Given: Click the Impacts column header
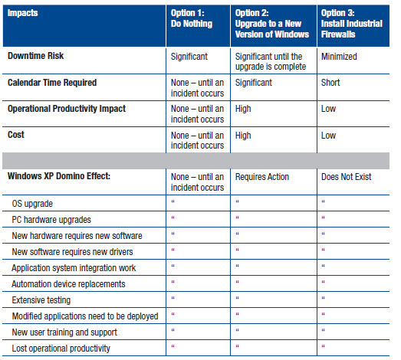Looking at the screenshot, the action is coord(22,13).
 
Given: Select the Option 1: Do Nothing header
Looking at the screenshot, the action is coord(192,18).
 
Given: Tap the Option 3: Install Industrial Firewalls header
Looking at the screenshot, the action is coord(352,24).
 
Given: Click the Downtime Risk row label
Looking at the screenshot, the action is coord(35,56).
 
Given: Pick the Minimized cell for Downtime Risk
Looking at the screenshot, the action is coord(339,57).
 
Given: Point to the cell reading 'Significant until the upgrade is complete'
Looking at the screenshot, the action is coord(271,61).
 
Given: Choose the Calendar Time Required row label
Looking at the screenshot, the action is coord(52,83).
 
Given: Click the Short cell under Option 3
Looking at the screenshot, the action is coord(330,83).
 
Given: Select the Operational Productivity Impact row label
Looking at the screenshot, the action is coord(67,109).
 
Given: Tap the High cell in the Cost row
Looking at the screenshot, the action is coord(243,136).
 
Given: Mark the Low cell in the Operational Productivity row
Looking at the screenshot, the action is coord(328,109).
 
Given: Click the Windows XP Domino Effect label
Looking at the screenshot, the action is coord(59,176).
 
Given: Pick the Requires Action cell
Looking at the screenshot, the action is coord(262,177).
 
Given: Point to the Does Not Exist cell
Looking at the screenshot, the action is coord(347,177).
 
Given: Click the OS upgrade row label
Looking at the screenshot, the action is coord(32,204).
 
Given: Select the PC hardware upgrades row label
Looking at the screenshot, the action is coord(51,220).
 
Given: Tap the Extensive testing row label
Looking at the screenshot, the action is coord(41,300).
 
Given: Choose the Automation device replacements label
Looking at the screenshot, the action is coord(68,284).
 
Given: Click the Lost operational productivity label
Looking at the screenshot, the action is coord(61,349).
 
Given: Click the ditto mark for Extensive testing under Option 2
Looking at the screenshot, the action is coord(238,298).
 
